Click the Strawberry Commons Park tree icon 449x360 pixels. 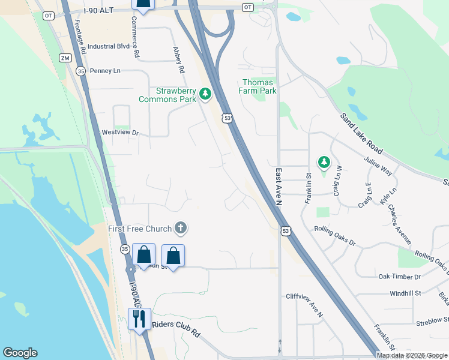coord(205,94)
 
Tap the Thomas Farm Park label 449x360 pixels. coord(259,86)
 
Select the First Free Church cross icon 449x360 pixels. coord(180,228)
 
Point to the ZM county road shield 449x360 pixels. coord(65,58)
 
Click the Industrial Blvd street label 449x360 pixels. coord(109,46)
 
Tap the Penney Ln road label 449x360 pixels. coord(105,71)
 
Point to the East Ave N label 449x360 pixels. coord(279,187)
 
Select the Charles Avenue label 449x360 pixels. coord(400,224)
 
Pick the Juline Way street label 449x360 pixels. coord(378,166)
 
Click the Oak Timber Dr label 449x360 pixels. coord(400,277)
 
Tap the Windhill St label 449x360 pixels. coord(406,293)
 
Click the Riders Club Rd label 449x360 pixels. coord(176,325)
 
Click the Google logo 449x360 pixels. coord(20,353)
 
